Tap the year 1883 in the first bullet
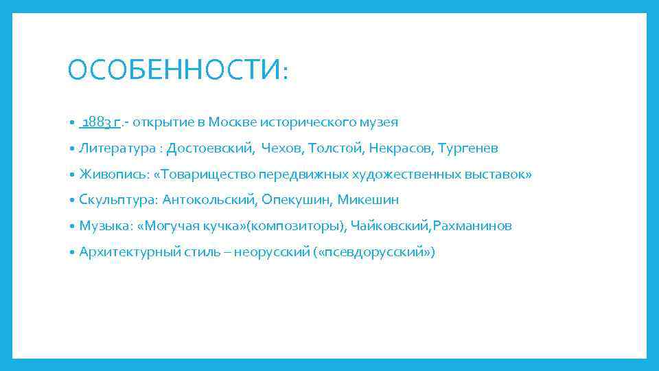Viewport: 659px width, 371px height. pyautogui.click(x=96, y=122)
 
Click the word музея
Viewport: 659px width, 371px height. pyautogui.click(x=380, y=122)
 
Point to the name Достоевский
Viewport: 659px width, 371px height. pyautogui.click(x=210, y=148)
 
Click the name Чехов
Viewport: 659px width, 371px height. pyautogui.click(x=281, y=148)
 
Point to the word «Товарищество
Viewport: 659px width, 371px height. pyautogui.click(x=205, y=175)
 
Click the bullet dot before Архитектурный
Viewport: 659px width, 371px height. pyautogui.click(x=72, y=252)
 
